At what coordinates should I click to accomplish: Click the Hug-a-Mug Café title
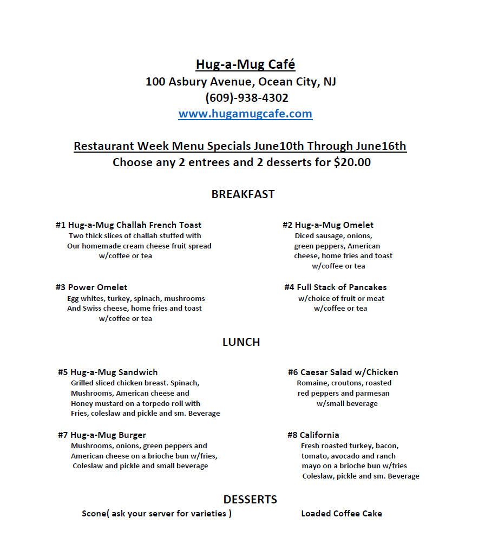245,65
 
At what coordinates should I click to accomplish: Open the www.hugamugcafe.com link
245,114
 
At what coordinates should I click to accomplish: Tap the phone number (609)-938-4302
246,98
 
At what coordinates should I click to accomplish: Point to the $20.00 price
352,162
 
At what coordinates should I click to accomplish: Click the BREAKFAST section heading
243,194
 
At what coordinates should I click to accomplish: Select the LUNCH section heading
241,342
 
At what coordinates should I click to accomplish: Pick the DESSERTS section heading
250,499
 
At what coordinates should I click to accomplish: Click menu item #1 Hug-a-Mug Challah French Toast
128,225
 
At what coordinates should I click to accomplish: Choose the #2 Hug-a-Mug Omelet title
328,225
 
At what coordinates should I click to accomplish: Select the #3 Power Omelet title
91,287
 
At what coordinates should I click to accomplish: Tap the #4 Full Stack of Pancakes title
336,287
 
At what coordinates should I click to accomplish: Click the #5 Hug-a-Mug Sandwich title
108,372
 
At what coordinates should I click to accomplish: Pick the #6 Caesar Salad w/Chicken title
343,372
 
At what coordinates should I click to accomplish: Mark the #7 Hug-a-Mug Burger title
102,435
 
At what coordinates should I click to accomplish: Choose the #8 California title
313,435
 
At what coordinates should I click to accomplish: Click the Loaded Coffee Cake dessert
342,514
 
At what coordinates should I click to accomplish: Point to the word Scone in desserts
94,514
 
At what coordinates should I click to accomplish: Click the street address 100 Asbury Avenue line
241,82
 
